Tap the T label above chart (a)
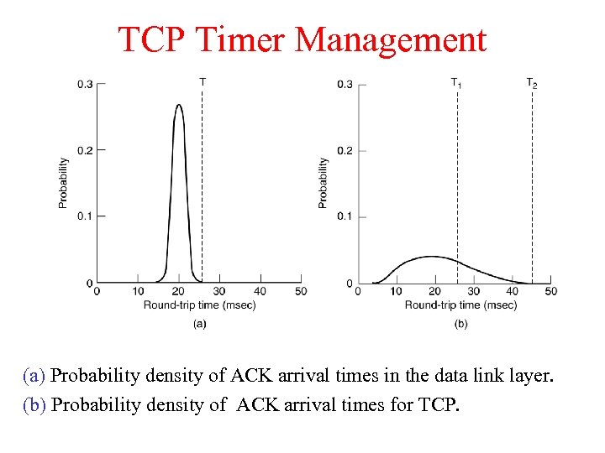point(203,81)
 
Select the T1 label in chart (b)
point(456,82)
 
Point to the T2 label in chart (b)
point(532,82)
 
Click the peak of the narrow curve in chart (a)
point(178,106)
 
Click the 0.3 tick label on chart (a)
point(85,84)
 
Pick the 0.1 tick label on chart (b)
point(345,216)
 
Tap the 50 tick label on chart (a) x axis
point(301,291)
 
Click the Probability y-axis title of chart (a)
point(64,182)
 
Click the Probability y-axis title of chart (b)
point(324,182)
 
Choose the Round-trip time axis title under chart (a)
point(199,305)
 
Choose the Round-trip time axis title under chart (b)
point(460,305)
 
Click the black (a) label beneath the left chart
point(199,323)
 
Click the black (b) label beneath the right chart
point(460,323)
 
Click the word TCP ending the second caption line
point(439,405)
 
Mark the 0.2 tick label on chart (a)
point(85,150)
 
